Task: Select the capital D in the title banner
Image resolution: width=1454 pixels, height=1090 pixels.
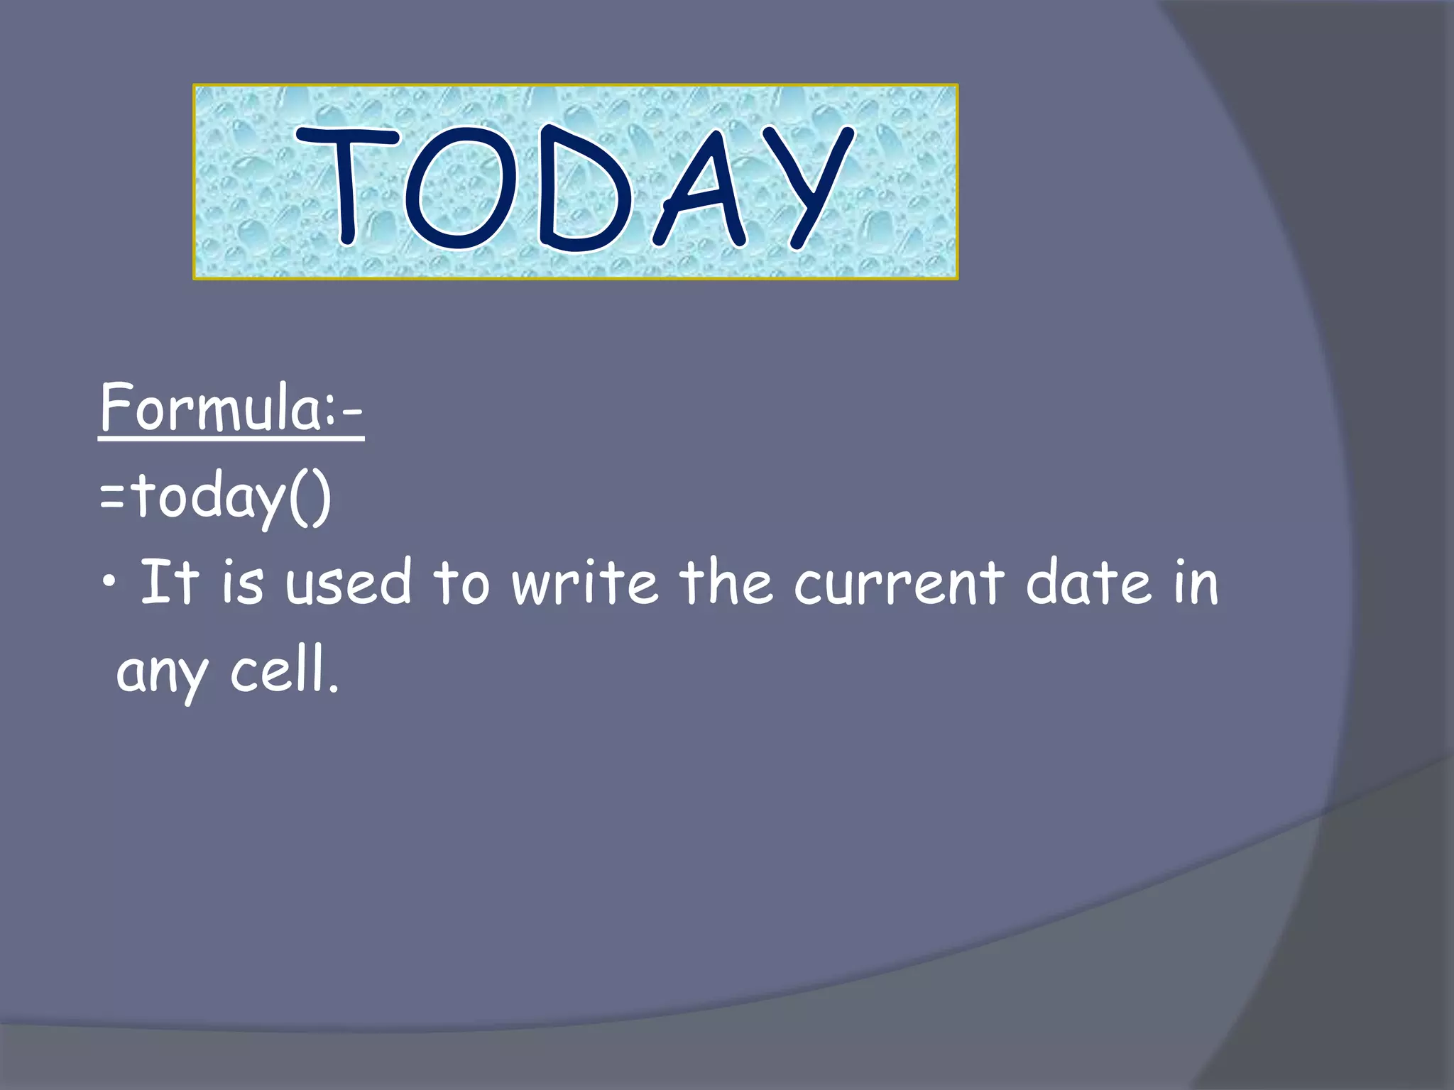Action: (x=581, y=190)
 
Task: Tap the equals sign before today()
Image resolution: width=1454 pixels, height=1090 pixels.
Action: (x=112, y=497)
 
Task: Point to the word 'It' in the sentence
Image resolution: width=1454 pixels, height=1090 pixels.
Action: (x=169, y=582)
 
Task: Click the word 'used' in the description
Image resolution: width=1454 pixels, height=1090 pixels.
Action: (x=348, y=583)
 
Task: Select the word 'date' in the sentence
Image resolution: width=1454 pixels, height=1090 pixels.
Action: (x=1088, y=583)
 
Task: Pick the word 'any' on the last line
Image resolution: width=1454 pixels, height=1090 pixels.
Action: (x=162, y=674)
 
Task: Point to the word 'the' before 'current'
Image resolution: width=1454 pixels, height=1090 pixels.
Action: (x=726, y=583)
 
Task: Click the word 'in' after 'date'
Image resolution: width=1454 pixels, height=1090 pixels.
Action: (x=1196, y=583)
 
